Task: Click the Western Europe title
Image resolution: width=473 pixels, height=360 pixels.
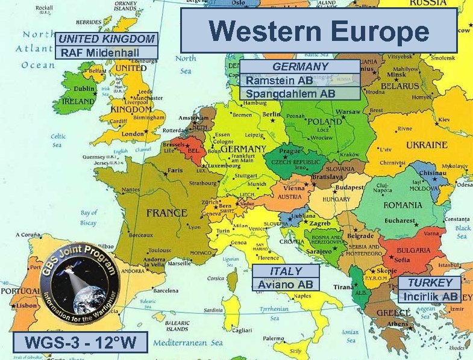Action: [319, 31]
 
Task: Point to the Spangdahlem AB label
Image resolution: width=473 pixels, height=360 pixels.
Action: [290, 93]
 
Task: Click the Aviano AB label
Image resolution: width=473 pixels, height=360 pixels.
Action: [286, 284]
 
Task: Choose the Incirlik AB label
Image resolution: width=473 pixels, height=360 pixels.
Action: [430, 296]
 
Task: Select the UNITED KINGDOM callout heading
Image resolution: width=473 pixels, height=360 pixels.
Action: [107, 39]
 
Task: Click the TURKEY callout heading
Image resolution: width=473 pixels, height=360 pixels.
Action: [430, 283]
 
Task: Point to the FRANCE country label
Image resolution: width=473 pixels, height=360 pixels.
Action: [167, 213]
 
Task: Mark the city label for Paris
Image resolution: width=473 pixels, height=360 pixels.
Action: [174, 170]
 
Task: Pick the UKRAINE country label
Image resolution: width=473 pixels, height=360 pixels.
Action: [427, 145]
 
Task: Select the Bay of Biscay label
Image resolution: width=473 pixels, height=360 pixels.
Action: [89, 217]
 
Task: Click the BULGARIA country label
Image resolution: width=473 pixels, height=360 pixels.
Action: [413, 250]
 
